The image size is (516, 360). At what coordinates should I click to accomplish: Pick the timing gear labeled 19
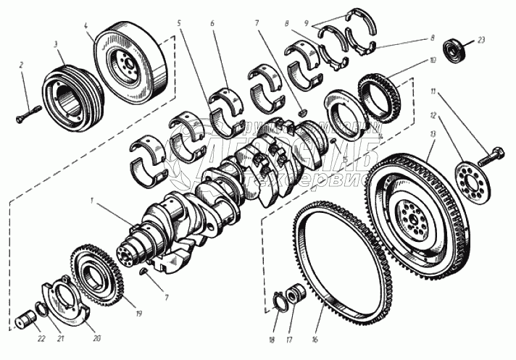pos(97,276)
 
